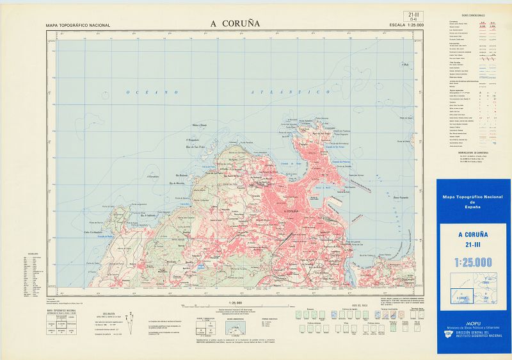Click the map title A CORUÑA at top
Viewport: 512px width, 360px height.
pyautogui.click(x=235, y=22)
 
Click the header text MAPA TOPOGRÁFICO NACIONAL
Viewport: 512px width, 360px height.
pyautogui.click(x=78, y=26)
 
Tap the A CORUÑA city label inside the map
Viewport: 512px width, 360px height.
pyautogui.click(x=291, y=211)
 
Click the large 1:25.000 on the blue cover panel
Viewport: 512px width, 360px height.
pyautogui.click(x=473, y=262)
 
